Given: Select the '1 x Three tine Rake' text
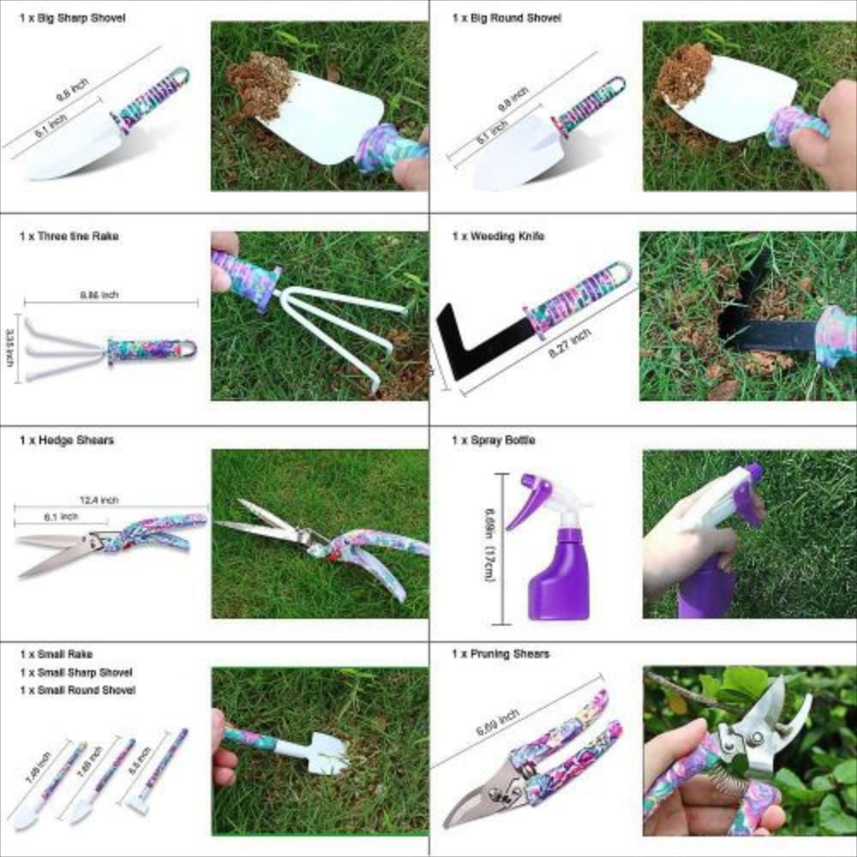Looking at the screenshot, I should pyautogui.click(x=69, y=236).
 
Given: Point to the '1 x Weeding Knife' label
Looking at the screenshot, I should pyautogui.click(x=498, y=236).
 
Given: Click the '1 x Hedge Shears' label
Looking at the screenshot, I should pyautogui.click(x=67, y=440).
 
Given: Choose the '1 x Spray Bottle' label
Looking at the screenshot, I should pyautogui.click(x=494, y=440).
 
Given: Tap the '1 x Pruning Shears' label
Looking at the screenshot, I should pyautogui.click(x=501, y=654).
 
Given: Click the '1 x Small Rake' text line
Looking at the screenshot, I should pyautogui.click(x=57, y=654).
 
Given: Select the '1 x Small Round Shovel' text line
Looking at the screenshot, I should pyautogui.click(x=78, y=690).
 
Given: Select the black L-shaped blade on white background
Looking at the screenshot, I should pyautogui.click(x=467, y=343).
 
